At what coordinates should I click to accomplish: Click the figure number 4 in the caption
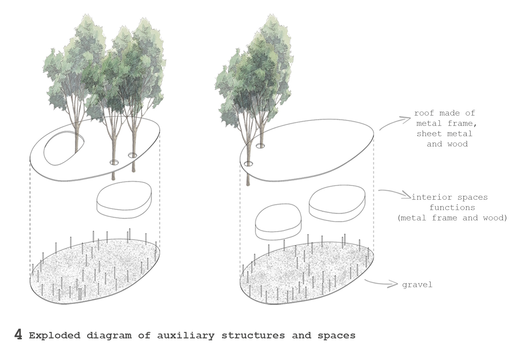tap(18, 335)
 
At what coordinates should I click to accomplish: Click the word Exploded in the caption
tap(55, 335)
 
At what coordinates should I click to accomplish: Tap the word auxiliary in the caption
tap(186, 335)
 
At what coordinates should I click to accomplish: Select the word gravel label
tap(417, 285)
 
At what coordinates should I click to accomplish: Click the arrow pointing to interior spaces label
tap(395, 193)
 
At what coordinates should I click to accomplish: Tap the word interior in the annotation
tap(432, 197)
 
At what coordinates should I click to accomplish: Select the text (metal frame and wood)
tap(452, 218)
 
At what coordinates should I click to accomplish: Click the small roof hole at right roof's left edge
tap(248, 164)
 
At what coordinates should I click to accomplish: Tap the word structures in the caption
tap(253, 335)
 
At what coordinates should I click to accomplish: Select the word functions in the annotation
tap(452, 208)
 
